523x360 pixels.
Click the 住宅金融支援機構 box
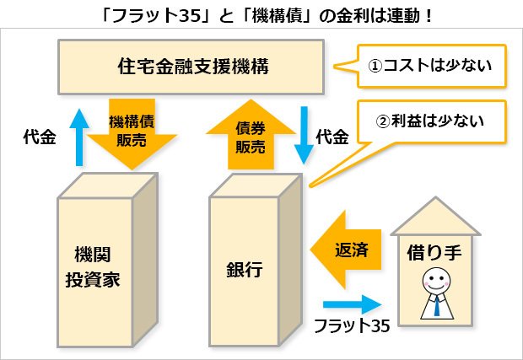click(191, 67)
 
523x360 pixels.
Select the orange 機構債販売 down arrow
click(132, 133)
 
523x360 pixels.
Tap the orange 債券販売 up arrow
click(251, 134)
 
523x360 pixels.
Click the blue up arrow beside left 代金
click(79, 137)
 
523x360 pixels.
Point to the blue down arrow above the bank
click(304, 135)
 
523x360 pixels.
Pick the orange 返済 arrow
click(346, 250)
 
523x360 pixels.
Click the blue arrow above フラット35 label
click(353, 304)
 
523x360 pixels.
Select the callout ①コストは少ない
click(420, 66)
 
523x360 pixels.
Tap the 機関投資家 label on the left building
click(93, 266)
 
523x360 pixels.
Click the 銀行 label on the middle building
click(244, 269)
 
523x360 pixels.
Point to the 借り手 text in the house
click(434, 252)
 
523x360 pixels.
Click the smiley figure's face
click(436, 281)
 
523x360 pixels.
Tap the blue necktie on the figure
click(437, 306)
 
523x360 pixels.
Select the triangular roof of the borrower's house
click(435, 217)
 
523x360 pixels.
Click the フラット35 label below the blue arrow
click(352, 325)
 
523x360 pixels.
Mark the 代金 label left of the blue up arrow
click(40, 137)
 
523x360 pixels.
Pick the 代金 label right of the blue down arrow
click(332, 137)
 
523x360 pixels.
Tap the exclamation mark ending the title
click(429, 16)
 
